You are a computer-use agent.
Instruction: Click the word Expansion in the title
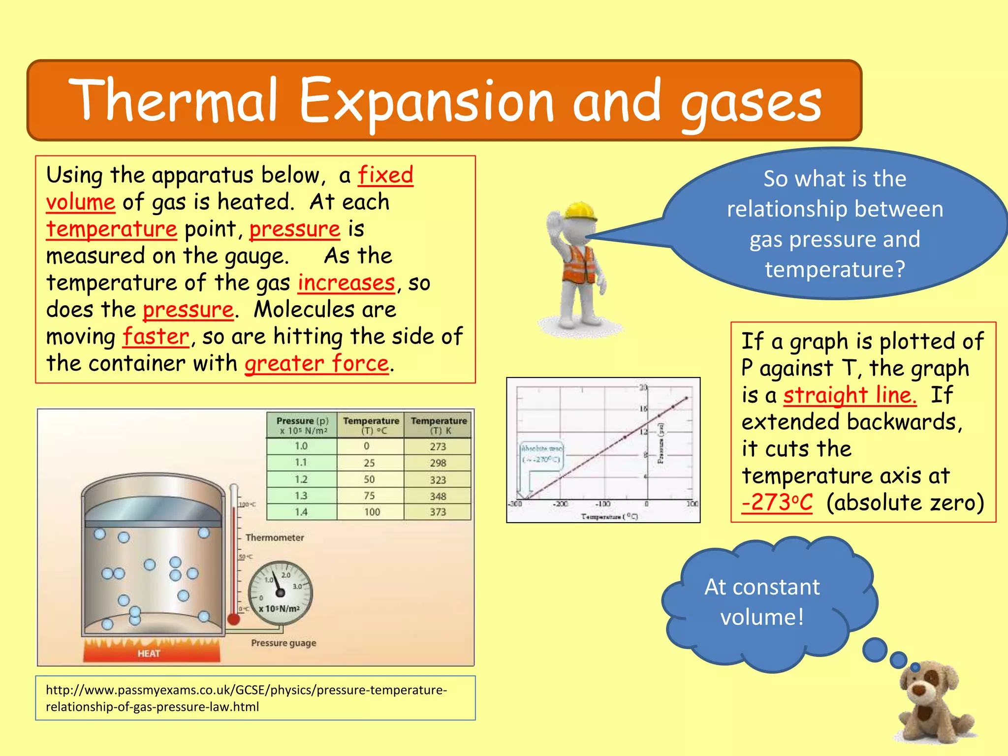426,101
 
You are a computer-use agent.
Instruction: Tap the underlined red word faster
156,337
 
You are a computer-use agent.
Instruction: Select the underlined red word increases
346,283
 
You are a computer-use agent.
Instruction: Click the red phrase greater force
316,364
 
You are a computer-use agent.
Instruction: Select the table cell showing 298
438,463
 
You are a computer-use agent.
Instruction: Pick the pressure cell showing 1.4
301,512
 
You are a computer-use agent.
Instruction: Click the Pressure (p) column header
302,425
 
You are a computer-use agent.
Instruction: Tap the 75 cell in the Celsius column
369,496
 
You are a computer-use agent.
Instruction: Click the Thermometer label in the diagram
275,537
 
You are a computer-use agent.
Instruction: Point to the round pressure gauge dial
280,593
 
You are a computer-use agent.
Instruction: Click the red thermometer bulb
233,619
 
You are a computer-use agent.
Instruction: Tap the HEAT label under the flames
149,654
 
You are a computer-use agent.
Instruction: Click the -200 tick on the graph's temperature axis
560,504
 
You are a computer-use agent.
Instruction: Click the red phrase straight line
850,395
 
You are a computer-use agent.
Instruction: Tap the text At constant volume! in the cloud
762,602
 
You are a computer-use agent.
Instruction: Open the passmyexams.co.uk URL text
246,698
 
